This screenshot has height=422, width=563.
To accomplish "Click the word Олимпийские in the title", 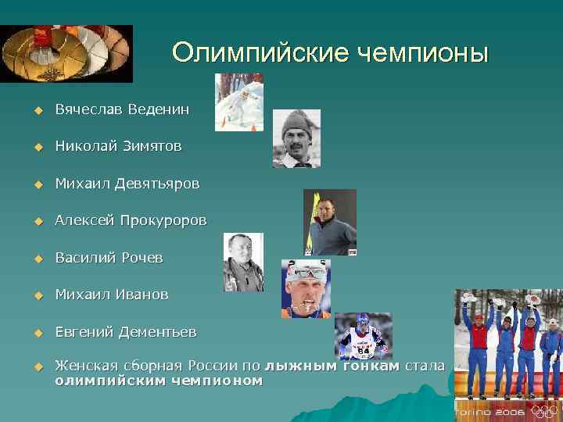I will [x=260, y=52].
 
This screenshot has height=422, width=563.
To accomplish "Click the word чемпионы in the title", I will [x=423, y=52].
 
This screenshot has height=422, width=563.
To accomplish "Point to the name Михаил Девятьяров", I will [x=127, y=184].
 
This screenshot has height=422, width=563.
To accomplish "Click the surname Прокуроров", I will [x=163, y=220].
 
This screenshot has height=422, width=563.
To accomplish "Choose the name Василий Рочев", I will [x=109, y=258].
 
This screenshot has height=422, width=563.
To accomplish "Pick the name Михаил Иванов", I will [x=112, y=295].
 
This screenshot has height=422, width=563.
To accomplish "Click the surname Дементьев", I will [x=157, y=332].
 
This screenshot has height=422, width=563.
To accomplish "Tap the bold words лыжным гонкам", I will [x=332, y=366].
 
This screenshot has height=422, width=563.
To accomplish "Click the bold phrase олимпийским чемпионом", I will [x=159, y=381].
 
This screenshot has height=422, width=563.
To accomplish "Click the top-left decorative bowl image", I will [x=66, y=53].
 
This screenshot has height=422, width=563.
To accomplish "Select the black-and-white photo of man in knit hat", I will [x=296, y=138].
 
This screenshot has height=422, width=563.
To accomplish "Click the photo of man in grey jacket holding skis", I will [x=330, y=222].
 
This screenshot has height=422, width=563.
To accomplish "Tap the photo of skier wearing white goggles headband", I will [x=306, y=288].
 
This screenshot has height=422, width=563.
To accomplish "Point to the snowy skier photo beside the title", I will [x=238, y=102].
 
